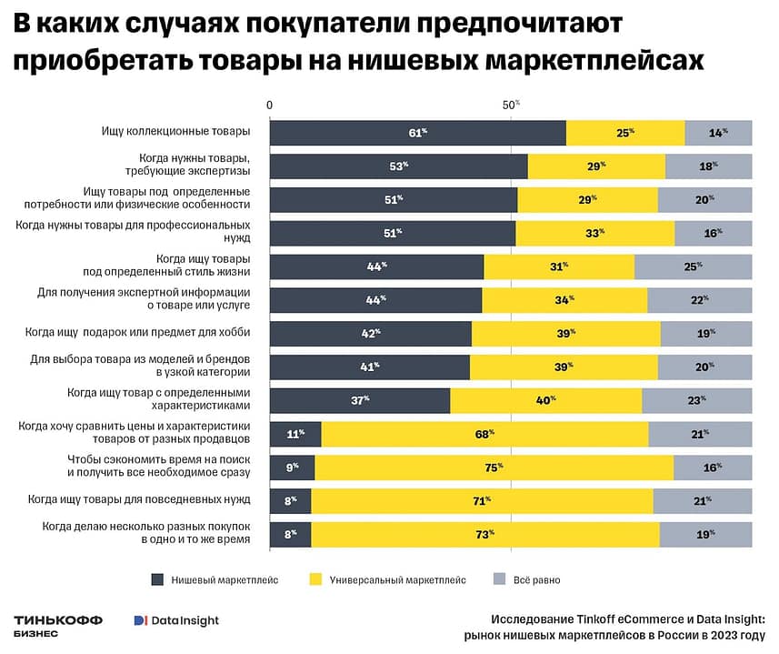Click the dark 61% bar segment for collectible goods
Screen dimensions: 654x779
click(417, 133)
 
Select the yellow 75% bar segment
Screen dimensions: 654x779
click(494, 468)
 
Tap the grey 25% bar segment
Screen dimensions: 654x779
click(693, 267)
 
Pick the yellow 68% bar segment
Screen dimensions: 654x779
click(484, 434)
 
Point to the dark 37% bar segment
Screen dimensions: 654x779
click(360, 400)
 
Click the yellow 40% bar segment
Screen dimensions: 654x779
click(545, 400)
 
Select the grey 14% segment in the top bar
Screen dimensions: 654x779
click(718, 133)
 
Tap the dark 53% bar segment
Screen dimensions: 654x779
click(398, 166)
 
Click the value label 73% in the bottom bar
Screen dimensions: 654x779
click(484, 535)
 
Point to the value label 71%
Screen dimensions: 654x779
click(482, 501)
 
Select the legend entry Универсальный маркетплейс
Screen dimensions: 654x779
click(387, 579)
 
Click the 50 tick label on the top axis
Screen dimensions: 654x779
click(510, 106)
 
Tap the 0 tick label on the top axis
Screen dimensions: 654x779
click(270, 106)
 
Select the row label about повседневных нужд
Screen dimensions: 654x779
click(138, 499)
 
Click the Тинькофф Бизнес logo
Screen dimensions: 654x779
click(58, 624)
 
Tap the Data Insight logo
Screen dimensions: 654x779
click(176, 620)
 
